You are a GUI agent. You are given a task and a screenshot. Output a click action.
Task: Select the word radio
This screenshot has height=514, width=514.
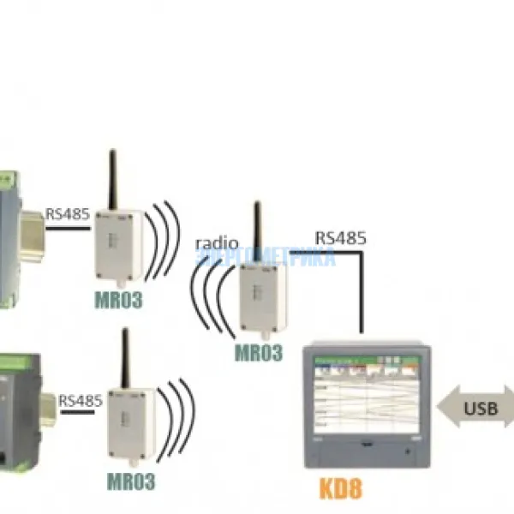tap(217, 243)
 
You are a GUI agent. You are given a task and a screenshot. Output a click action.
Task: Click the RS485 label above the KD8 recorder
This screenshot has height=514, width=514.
tap(341, 237)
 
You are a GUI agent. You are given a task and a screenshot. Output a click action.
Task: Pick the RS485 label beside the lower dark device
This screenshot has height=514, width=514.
tap(81, 400)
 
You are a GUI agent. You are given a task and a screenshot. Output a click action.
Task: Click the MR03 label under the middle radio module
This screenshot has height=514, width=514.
tap(258, 353)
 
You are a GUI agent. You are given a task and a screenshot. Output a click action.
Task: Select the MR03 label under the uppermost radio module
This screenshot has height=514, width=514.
tap(117, 300)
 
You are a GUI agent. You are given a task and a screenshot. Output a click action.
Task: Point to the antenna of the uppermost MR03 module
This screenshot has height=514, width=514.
tap(111, 181)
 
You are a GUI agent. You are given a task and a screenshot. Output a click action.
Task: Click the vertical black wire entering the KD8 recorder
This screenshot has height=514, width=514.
tap(361, 291)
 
